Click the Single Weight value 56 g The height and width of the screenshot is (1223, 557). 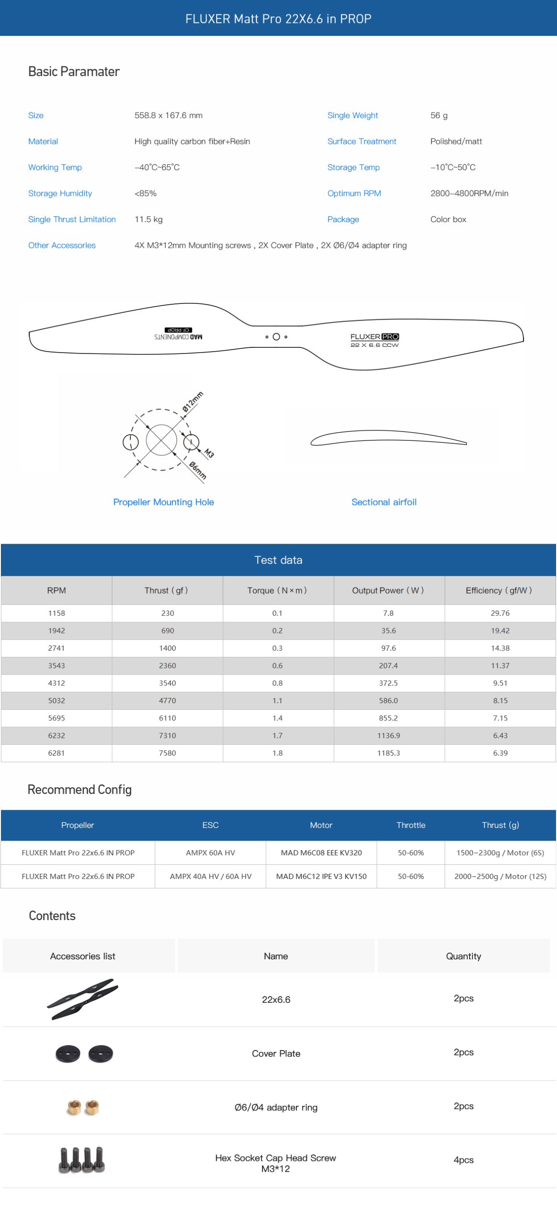click(439, 115)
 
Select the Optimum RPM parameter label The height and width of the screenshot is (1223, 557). click(354, 193)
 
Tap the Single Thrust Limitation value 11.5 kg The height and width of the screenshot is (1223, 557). click(148, 219)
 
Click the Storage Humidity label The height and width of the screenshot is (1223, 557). click(60, 193)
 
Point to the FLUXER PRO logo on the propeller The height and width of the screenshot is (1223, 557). click(374, 337)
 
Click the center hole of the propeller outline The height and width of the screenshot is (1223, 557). click(276, 337)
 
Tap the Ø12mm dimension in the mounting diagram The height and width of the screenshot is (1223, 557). click(192, 401)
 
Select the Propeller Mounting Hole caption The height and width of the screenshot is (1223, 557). click(163, 502)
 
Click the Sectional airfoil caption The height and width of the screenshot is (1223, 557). click(384, 502)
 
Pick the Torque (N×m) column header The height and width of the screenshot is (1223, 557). click(277, 590)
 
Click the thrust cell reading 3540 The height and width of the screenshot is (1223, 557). click(167, 683)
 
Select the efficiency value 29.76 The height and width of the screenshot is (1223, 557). click(500, 613)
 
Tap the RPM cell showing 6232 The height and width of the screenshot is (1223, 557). click(56, 736)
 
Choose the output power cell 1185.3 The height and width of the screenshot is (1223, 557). click(389, 753)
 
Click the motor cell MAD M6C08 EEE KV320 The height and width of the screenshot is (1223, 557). click(321, 853)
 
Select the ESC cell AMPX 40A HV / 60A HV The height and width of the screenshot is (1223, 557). click(210, 876)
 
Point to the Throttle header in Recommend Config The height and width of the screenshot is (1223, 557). click(410, 825)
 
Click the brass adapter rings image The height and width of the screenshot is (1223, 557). click(83, 1107)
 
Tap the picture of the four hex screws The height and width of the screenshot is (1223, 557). click(82, 1159)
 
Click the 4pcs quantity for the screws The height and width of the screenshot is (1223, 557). click(463, 1160)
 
